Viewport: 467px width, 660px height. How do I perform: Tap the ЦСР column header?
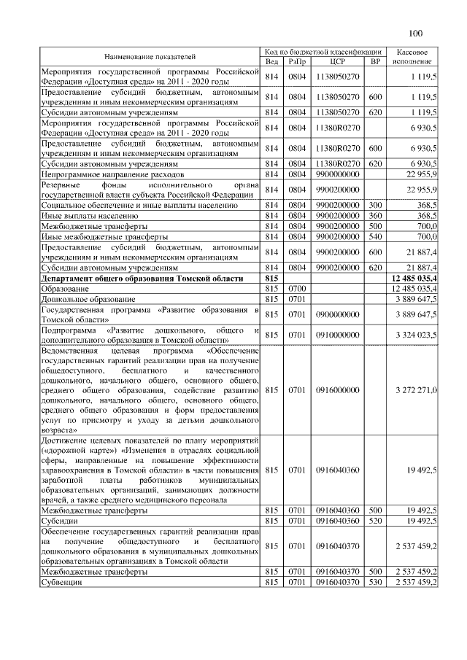tap(337, 61)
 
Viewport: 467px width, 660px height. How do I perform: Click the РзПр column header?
tap(297, 61)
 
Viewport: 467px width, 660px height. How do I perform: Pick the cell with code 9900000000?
tap(337, 175)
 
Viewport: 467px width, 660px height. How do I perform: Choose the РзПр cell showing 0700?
tap(297, 290)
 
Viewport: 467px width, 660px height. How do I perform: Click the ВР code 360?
tap(375, 217)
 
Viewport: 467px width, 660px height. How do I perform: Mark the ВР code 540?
tap(375, 237)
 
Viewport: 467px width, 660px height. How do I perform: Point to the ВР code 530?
tap(375, 583)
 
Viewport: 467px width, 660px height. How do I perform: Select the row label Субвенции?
tap(62, 583)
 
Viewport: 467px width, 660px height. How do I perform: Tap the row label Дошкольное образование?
tap(88, 300)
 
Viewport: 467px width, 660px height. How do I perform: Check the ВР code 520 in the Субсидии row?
tap(375, 521)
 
